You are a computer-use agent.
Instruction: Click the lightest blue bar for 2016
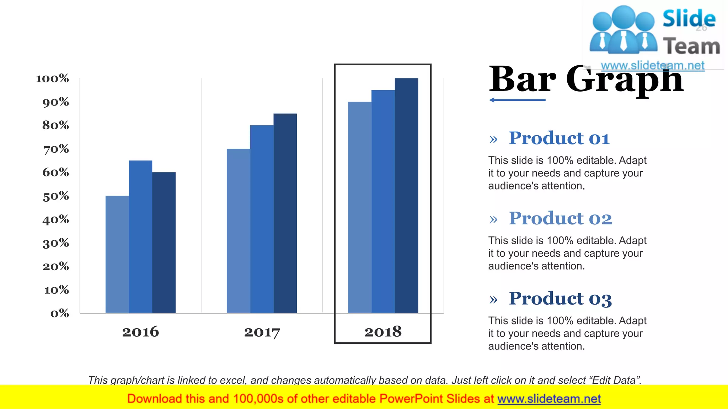(x=117, y=254)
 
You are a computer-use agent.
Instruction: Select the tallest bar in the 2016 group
(x=140, y=236)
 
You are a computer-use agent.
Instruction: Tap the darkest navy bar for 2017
(x=285, y=213)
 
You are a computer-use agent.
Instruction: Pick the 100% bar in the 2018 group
(x=406, y=195)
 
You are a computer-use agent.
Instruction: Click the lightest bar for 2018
(x=359, y=207)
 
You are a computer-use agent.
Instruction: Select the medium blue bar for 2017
(x=262, y=219)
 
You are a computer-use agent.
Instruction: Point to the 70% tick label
(x=56, y=149)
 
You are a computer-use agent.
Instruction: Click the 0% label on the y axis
(x=60, y=313)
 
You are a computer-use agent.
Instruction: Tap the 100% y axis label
(x=52, y=78)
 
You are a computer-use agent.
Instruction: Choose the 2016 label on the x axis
(x=140, y=332)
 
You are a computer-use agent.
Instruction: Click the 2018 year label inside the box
(x=383, y=332)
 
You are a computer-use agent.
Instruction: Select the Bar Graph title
(x=586, y=80)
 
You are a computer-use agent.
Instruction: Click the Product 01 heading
(x=559, y=138)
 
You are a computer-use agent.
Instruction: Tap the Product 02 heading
(x=560, y=218)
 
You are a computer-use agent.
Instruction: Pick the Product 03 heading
(x=560, y=299)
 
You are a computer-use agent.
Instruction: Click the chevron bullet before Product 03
(x=493, y=300)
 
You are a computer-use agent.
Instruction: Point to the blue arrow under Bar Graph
(x=517, y=100)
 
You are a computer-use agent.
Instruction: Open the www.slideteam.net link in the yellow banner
(x=549, y=399)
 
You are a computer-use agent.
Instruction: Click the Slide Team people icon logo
(x=623, y=30)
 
